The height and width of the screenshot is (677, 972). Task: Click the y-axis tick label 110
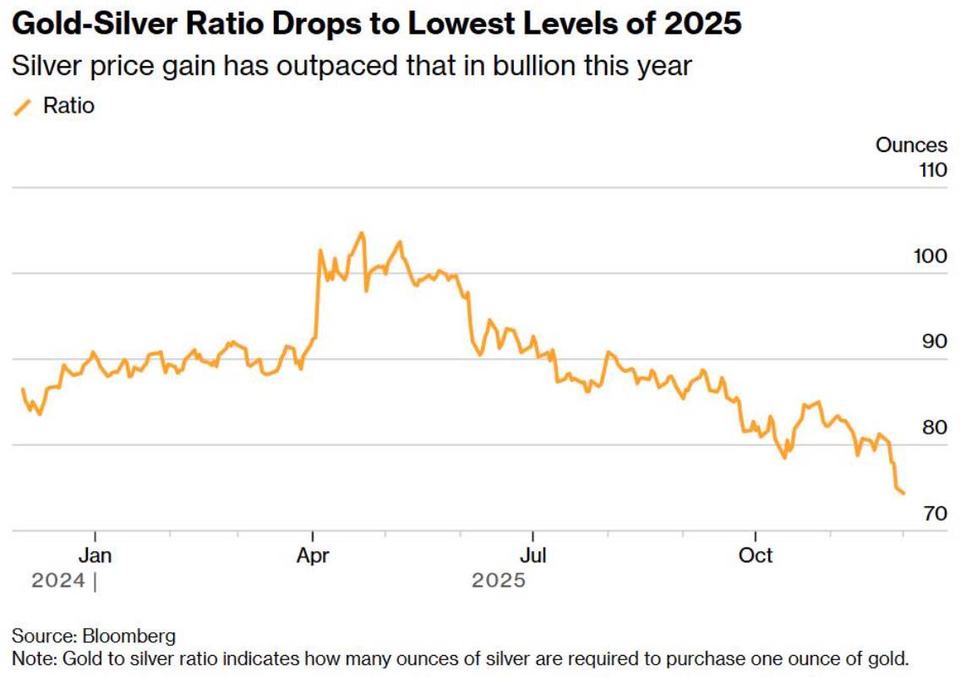click(x=934, y=170)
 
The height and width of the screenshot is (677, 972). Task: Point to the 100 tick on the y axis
click(x=931, y=256)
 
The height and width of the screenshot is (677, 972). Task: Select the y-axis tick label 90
click(x=935, y=341)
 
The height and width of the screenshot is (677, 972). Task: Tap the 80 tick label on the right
click(x=935, y=427)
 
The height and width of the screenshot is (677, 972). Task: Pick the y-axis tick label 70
click(x=935, y=513)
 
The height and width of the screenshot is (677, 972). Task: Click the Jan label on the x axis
click(x=95, y=554)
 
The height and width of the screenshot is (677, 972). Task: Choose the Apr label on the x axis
click(x=313, y=554)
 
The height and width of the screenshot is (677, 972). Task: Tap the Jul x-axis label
click(x=533, y=554)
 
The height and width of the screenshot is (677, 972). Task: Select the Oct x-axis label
click(x=756, y=554)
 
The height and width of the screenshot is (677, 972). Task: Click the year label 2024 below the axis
click(x=58, y=581)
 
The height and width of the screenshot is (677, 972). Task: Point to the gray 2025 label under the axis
click(x=499, y=581)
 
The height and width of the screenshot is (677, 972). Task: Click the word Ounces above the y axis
click(x=911, y=145)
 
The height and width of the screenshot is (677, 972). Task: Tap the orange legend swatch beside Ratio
click(x=22, y=107)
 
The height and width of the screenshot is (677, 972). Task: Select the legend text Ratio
click(x=68, y=106)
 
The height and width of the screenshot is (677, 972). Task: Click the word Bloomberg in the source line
click(x=129, y=636)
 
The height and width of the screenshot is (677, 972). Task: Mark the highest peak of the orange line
click(x=362, y=233)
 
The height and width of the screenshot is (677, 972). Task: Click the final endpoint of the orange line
click(x=904, y=494)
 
